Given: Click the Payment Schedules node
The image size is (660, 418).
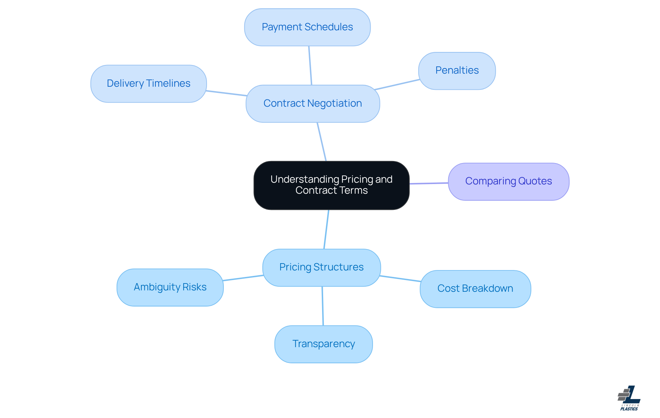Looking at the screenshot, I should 307,27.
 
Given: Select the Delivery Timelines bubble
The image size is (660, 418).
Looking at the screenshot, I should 148,84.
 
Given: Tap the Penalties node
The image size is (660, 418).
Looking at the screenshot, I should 457,71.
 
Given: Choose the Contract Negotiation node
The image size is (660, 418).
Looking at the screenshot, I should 312,104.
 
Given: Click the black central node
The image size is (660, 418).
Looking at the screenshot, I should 331,185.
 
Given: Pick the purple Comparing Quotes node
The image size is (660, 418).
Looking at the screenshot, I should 508,181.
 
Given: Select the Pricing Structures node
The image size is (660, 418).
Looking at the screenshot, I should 321,267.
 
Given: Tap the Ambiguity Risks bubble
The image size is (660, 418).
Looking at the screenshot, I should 170,287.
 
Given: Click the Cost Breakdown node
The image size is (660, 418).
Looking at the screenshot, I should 475,289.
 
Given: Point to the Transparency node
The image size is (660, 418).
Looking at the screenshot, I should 323,344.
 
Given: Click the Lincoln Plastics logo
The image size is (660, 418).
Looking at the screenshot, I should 629,398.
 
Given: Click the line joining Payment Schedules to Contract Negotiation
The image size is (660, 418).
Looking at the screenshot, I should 310,65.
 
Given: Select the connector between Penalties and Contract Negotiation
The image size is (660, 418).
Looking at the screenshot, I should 397,85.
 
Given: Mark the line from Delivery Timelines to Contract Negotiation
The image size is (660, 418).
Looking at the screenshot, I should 226,93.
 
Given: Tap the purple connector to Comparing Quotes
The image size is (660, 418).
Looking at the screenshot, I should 429,183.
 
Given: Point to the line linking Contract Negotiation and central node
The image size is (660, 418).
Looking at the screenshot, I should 322,142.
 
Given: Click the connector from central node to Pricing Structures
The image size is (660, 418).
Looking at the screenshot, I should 326,229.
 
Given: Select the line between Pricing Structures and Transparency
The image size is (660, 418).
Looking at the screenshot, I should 322,306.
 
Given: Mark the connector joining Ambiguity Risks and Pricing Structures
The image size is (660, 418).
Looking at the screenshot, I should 243,278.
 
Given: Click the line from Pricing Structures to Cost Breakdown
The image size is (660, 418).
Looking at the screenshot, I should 400,279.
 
